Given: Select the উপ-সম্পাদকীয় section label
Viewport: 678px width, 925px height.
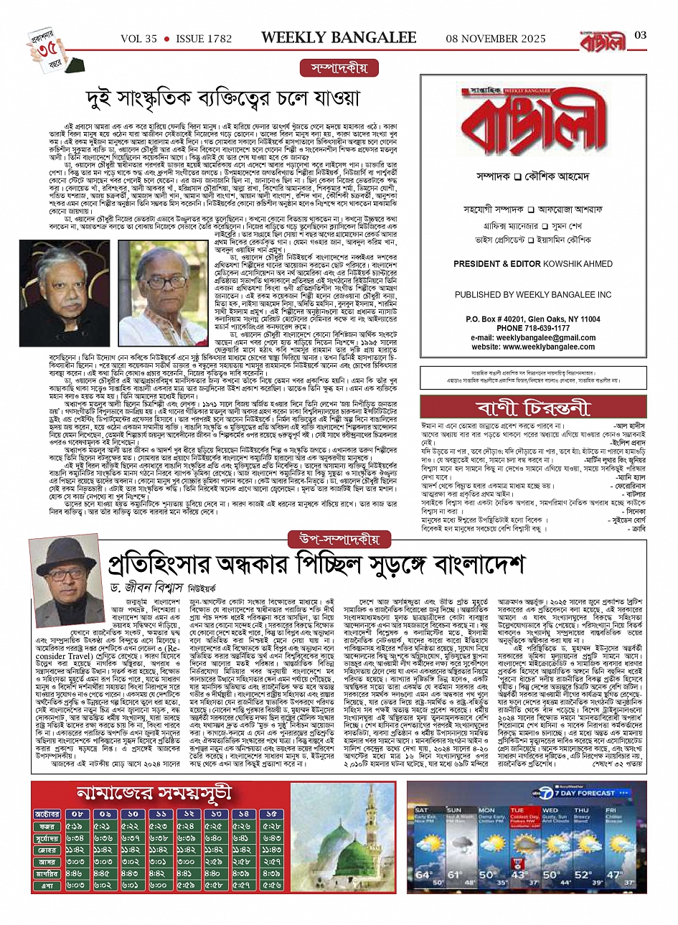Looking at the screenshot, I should pyautogui.click(x=340, y=538).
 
